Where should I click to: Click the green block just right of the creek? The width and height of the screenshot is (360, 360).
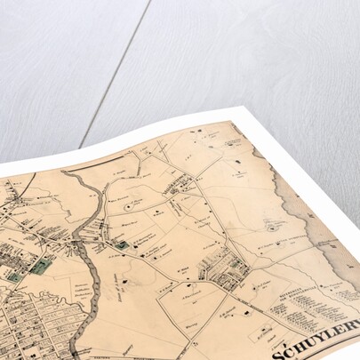coord(121,243)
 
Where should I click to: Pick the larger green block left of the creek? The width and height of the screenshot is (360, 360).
coord(40,265)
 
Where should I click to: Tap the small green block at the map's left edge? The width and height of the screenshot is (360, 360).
coord(13,277)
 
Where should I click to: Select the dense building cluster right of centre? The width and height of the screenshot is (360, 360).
coord(223,267)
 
